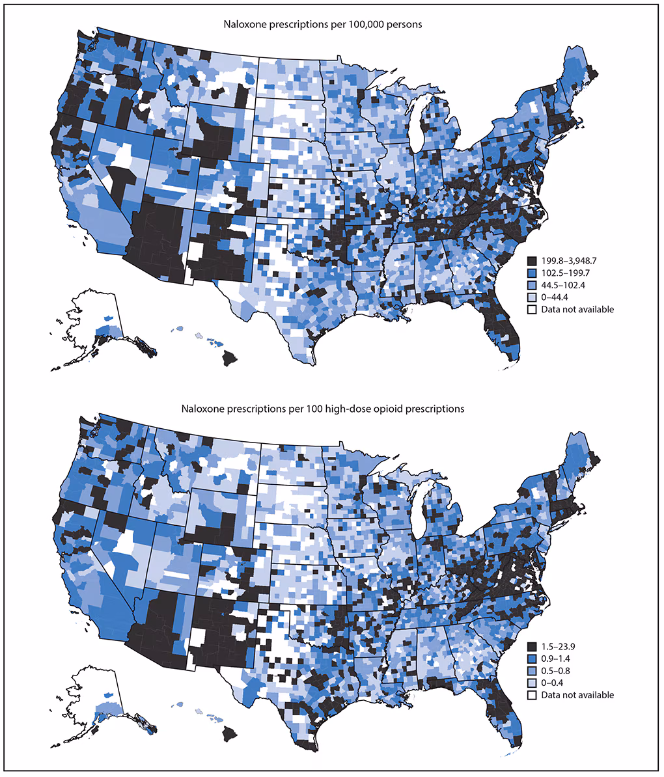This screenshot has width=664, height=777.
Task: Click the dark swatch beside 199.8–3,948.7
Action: (532, 260)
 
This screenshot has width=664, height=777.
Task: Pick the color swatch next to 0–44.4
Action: (532, 297)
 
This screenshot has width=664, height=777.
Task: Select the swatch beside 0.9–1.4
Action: (532, 658)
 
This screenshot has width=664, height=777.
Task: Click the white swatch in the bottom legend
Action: (532, 695)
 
